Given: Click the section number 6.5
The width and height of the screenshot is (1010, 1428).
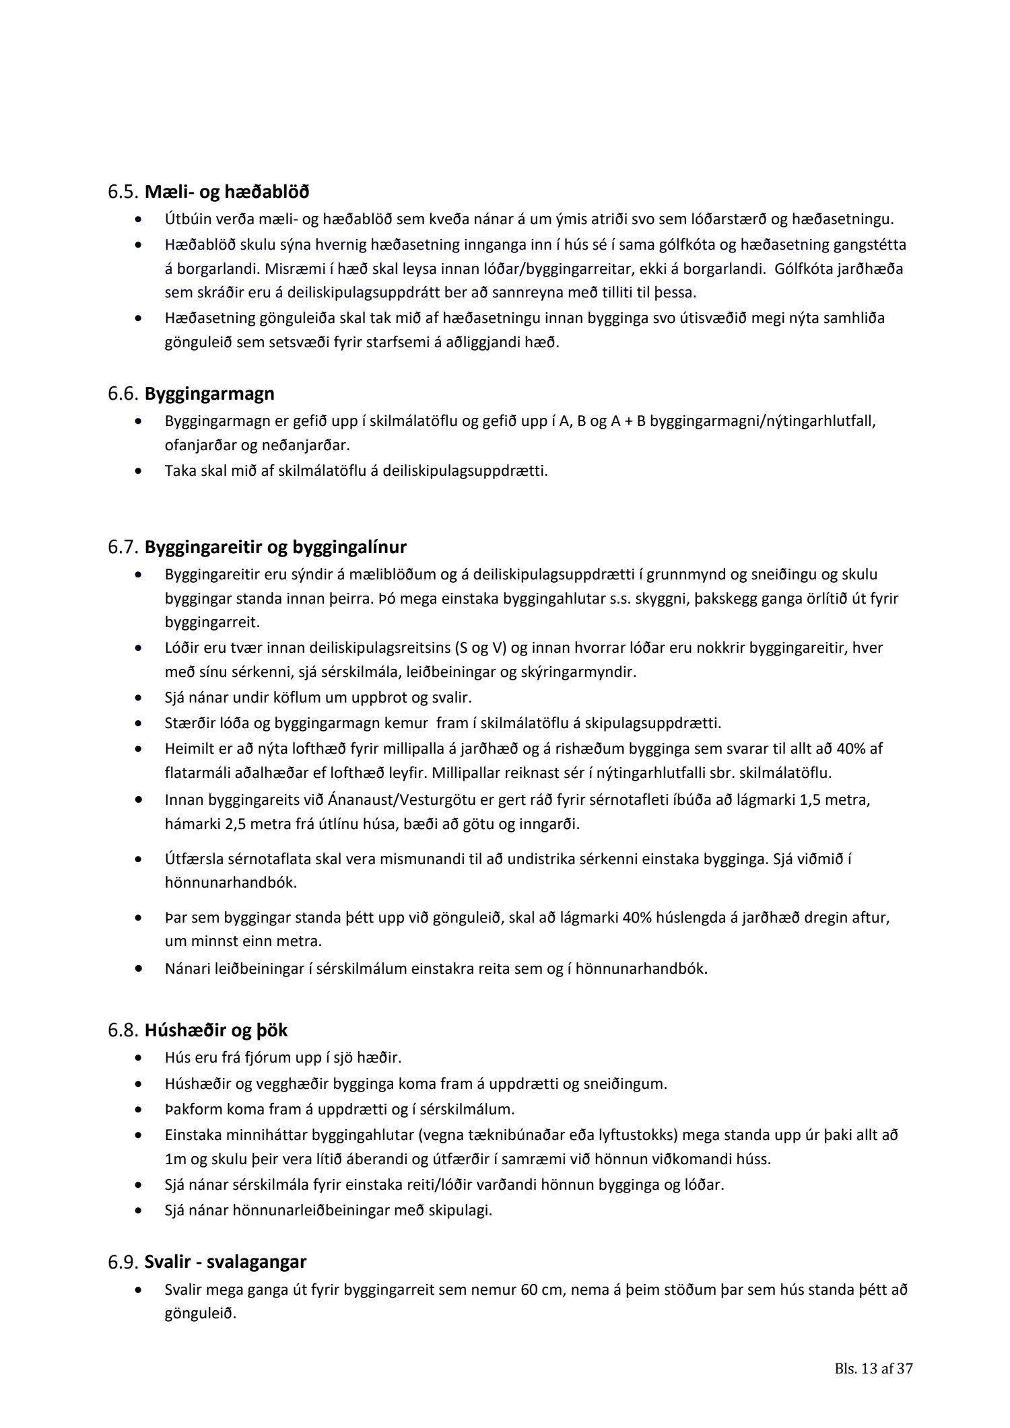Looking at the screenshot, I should [123, 192].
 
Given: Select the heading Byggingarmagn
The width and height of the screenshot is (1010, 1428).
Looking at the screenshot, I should [209, 393].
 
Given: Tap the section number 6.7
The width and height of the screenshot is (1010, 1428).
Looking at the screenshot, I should [123, 547].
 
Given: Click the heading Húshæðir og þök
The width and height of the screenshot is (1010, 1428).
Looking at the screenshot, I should [216, 1030].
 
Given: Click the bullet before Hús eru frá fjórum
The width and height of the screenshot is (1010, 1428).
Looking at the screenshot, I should [139, 1058].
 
